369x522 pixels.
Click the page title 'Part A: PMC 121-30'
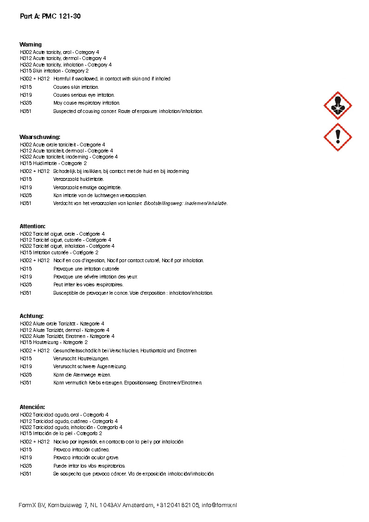(x=51, y=16)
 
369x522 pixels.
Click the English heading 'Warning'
(x=31, y=45)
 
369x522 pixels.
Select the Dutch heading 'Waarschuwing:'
(x=40, y=137)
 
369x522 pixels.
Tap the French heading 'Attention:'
(x=33, y=226)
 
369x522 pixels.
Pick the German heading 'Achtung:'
(x=32, y=316)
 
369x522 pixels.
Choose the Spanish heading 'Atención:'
(x=33, y=407)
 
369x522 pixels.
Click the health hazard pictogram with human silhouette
(x=337, y=106)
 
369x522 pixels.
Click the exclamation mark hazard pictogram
(x=337, y=137)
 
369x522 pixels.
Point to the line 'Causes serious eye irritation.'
(x=84, y=95)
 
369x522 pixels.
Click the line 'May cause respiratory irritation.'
(x=86, y=103)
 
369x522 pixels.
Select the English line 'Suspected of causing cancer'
(x=128, y=112)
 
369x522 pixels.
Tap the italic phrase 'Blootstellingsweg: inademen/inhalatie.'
(x=186, y=204)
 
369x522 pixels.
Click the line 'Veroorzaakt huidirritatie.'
(x=79, y=179)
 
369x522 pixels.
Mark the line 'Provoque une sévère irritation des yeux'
(x=95, y=277)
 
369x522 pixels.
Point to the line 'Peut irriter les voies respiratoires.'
(x=88, y=285)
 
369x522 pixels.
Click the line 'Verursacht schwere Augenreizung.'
(x=90, y=367)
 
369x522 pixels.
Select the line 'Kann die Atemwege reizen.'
(x=82, y=375)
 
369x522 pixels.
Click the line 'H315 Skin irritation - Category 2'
(x=54, y=71)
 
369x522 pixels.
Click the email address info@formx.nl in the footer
(x=219, y=505)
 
